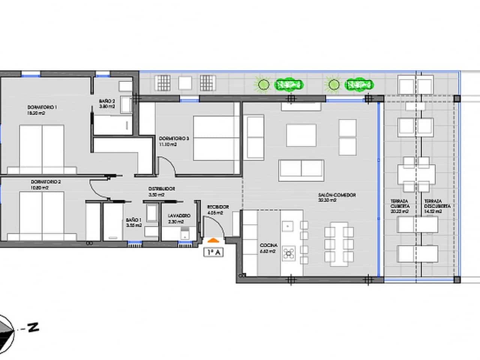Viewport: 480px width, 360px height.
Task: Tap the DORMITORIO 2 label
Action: click(x=46, y=182)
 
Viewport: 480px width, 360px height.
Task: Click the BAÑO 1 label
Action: click(x=133, y=220)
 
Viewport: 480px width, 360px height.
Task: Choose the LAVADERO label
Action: click(x=179, y=216)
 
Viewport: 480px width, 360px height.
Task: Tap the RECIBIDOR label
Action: click(x=217, y=207)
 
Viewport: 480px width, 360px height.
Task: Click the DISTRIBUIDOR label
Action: click(x=161, y=189)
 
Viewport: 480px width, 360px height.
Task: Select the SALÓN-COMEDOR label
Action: click(x=336, y=195)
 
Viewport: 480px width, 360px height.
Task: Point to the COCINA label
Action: click(x=268, y=245)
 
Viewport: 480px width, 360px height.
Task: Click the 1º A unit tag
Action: click(x=213, y=252)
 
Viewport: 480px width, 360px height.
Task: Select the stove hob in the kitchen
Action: click(x=288, y=253)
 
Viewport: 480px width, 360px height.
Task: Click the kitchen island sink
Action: click(x=288, y=226)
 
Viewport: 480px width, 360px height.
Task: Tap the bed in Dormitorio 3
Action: click(x=216, y=138)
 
